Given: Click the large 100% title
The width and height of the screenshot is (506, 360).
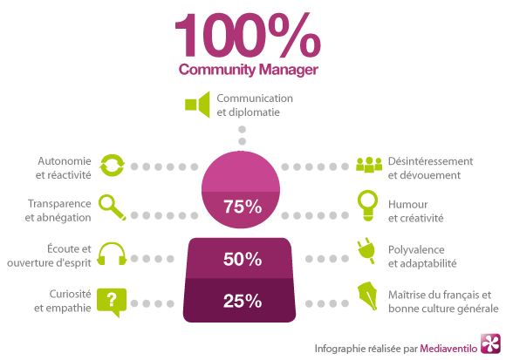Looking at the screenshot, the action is point(248,35).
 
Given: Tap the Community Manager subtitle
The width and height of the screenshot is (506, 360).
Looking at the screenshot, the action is point(249,70).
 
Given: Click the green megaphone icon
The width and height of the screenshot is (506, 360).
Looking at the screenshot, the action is point(197,105).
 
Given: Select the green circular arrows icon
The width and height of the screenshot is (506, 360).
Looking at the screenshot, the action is point(112,166).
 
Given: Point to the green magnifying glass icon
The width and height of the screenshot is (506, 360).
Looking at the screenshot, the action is point(112,207).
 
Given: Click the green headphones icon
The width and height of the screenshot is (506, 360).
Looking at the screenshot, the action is point(112,254).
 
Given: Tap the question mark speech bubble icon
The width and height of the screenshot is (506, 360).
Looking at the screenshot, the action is point(112,302).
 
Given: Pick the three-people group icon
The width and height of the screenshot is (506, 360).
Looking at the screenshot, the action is point(369,165).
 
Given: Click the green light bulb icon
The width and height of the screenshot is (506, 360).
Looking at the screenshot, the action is point(367,206).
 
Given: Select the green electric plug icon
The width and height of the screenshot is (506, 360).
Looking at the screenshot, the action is point(366,251).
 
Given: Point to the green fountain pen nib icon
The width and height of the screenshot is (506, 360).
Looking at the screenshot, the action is point(367,296).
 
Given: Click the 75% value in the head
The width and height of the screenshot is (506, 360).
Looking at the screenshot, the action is point(243,207).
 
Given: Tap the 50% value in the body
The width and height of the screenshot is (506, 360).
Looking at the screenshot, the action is point(243,259).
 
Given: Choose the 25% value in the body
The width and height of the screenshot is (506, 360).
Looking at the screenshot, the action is point(243,301).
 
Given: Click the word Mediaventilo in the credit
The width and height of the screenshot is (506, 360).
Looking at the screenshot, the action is point(448,349).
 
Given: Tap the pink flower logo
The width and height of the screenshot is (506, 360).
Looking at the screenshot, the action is point(490,343).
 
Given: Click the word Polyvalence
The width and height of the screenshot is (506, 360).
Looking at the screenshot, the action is point(416,250).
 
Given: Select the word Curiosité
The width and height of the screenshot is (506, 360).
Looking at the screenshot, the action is point(70,294).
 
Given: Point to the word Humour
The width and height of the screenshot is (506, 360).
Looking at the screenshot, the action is point(408,204).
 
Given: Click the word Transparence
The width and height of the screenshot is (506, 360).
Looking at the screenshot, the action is point(59,204).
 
